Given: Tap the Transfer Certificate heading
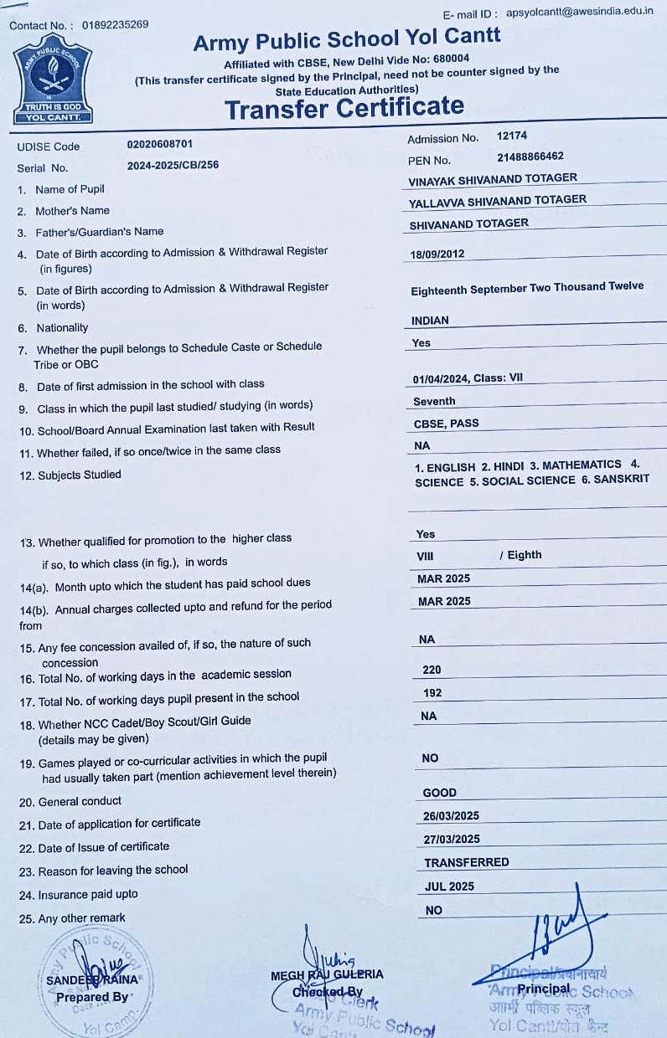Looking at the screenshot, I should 344,107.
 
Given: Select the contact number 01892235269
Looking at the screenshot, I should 115,24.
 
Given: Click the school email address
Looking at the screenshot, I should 580,12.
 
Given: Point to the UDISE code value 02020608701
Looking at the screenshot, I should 160,144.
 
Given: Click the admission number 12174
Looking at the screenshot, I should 512,135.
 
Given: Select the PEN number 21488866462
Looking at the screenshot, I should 530,157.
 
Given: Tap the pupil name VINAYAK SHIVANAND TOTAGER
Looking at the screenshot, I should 493,179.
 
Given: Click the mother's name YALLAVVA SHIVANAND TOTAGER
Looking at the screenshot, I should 498,201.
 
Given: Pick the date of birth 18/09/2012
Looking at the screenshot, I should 437,254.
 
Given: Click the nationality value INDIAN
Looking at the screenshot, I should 430,321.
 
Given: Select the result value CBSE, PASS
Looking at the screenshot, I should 447,424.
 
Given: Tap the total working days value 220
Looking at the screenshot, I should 432,670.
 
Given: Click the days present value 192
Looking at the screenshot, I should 432,693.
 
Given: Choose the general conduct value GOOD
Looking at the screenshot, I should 440,793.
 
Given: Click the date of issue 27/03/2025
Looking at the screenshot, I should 452,839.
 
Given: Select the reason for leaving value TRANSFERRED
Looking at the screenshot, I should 466,862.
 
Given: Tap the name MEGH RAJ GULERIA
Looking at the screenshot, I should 327,974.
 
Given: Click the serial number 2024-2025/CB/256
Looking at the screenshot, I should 173,165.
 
